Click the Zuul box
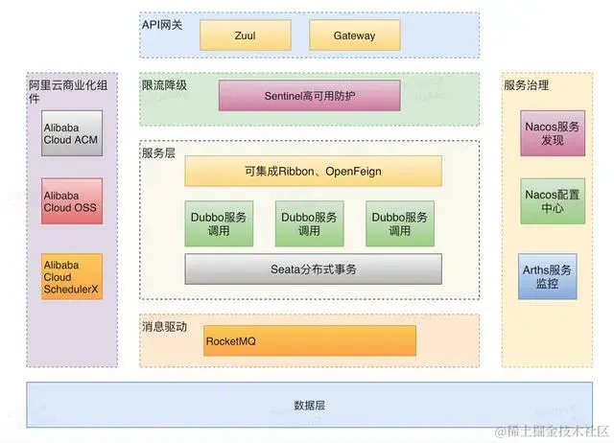245,35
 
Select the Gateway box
354,35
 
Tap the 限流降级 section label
164,85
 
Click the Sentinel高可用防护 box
309,96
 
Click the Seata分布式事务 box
313,269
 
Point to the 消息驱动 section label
164,327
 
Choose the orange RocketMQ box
310,340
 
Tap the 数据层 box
309,406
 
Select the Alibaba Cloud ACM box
71,133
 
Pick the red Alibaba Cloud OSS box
71,200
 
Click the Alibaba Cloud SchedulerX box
71,277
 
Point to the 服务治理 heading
527,85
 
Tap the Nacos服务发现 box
552,133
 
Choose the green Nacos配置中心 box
552,200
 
